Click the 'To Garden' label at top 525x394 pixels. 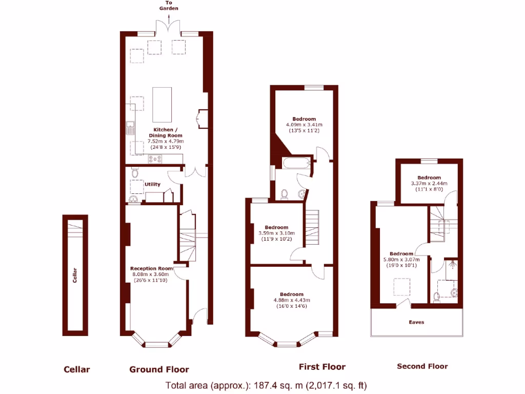tap(169, 6)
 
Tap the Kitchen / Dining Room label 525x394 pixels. tap(166, 132)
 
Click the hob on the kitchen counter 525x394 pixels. tap(155, 159)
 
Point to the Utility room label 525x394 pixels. tap(152, 184)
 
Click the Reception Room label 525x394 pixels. tap(151, 268)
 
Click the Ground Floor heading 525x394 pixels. tap(159, 369)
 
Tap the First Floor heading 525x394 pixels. tap(322, 367)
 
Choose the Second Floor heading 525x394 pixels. tap(422, 366)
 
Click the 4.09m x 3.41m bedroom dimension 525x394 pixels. tap(304, 125)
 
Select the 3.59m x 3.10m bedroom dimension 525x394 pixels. tap(276, 233)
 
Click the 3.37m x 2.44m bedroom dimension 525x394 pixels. tap(429, 183)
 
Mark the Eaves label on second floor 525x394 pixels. tap(416, 322)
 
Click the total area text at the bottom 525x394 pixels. tap(266, 385)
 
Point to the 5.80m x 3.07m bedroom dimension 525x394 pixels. tap(401, 260)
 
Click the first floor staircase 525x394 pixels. tap(312, 228)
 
